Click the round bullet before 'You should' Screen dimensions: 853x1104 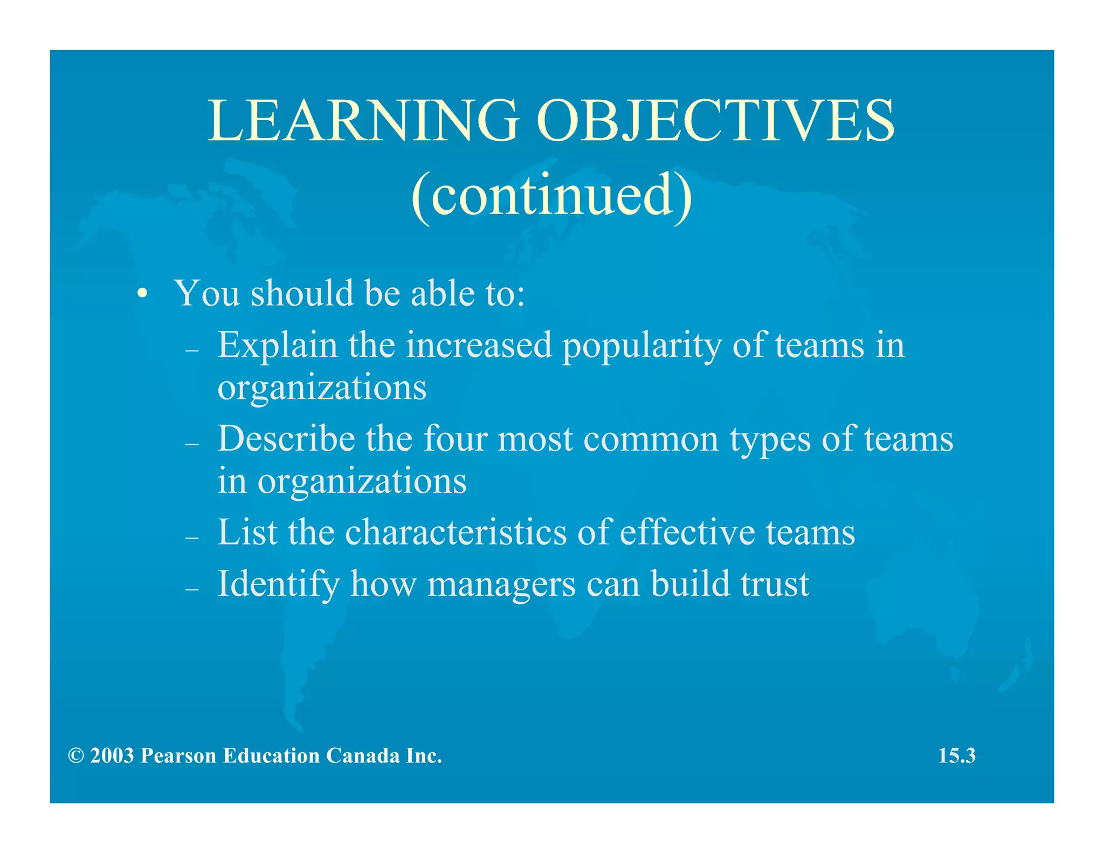tap(142, 294)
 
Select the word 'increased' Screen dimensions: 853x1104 tap(479, 346)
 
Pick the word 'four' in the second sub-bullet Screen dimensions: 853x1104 tap(455, 439)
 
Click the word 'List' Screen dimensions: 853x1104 tap(247, 533)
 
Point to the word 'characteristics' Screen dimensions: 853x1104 tap(456, 533)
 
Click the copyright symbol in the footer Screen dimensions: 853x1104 tap(76, 756)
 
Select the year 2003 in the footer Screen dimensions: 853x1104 tap(112, 756)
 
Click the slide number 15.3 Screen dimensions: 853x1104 tap(957, 756)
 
